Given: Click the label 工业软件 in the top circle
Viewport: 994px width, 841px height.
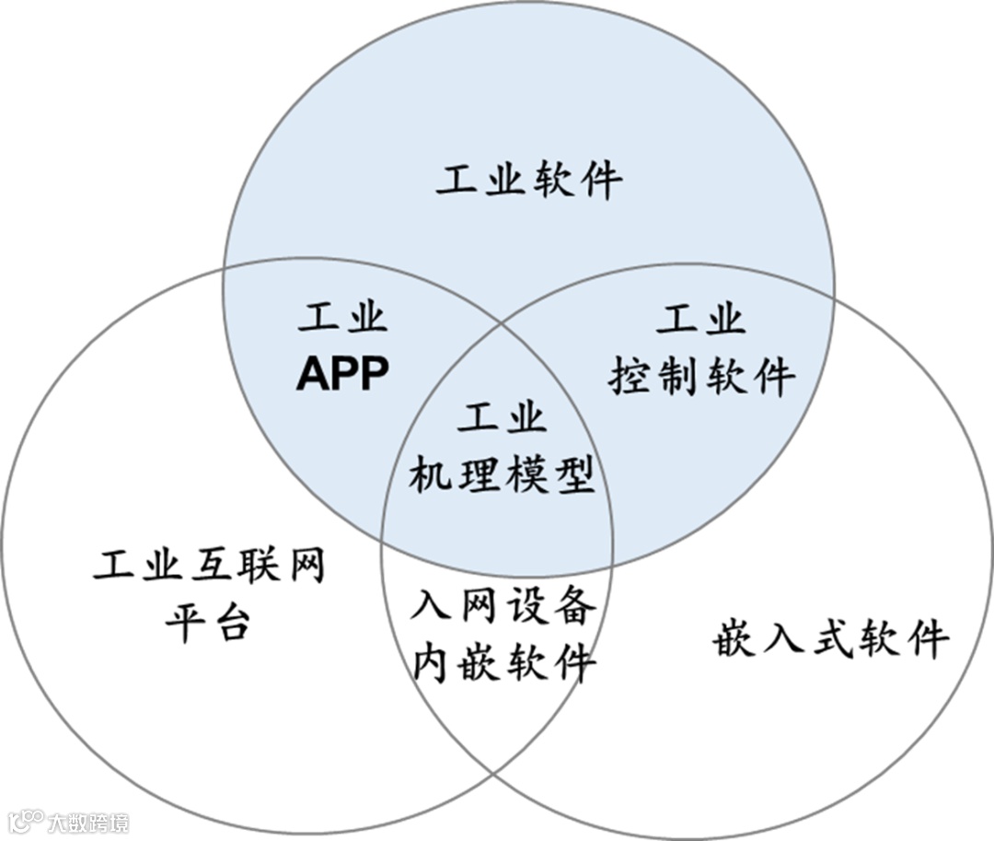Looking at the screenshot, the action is (529, 181).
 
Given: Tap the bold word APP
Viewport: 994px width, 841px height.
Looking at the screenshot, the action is (342, 374).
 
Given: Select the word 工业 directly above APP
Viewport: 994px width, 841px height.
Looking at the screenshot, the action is (342, 319).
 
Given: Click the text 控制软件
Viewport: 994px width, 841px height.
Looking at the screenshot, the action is (702, 376).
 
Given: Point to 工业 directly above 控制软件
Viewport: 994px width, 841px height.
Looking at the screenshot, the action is (700, 320).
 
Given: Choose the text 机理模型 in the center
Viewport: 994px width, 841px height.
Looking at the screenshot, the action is (502, 475).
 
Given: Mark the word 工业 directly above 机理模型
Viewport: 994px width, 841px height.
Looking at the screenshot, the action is (502, 419).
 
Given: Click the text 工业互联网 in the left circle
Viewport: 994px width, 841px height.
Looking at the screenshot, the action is (210, 564).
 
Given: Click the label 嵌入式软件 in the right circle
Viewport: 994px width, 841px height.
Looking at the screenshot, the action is (830, 638).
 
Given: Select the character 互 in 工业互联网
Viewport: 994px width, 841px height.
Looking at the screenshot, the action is (209, 564).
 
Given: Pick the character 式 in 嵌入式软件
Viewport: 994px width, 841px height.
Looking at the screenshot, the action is (830, 638).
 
